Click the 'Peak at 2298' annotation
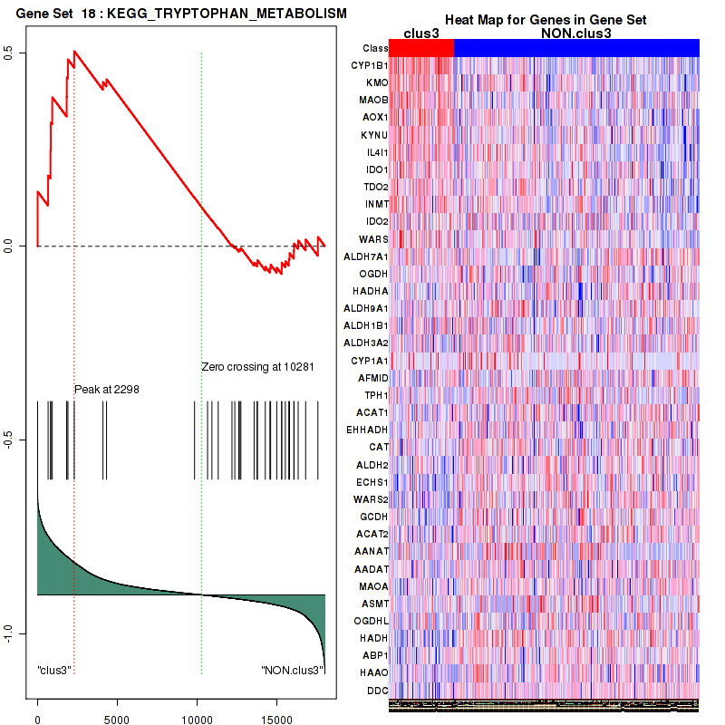coord(106,390)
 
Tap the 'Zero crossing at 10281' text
coord(257,367)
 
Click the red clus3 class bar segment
coord(420,48)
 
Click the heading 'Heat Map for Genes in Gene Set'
coord(545,20)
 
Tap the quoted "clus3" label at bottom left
coord(54,670)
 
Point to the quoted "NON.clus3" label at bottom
coord(292,670)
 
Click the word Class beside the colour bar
coord(374,48)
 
